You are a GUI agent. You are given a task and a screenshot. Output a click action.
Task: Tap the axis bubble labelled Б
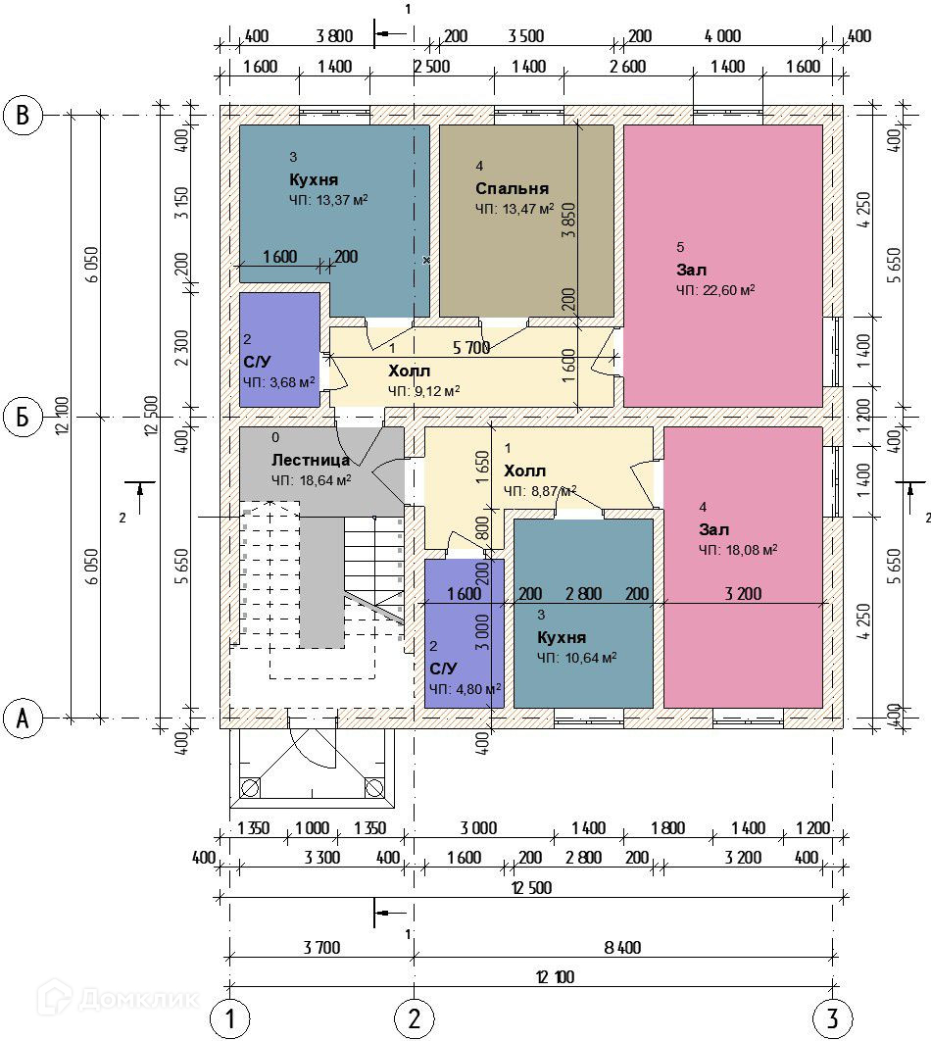tap(23, 419)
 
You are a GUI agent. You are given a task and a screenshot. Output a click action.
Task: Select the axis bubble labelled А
tap(23, 719)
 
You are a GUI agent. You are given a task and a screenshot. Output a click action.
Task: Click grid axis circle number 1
tap(229, 1019)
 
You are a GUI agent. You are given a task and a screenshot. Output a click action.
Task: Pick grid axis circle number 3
tap(832, 1019)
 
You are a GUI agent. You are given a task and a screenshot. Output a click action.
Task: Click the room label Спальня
tap(512, 188)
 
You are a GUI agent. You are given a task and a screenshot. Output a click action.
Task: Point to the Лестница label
tap(311, 460)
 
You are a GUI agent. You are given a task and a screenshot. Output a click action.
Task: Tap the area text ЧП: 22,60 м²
tap(715, 290)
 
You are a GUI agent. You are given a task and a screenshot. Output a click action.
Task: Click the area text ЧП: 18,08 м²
tap(738, 550)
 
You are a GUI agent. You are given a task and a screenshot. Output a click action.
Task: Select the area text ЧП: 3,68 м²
tap(279, 382)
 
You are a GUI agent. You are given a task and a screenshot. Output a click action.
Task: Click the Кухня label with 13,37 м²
tap(314, 180)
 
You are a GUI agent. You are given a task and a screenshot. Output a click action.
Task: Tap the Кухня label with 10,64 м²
tap(562, 636)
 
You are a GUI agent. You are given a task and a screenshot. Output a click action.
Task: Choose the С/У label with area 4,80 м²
tap(444, 669)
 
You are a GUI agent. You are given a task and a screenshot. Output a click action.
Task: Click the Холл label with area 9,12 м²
tap(409, 371)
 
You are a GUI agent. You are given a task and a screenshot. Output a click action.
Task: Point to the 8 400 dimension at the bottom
tap(624, 947)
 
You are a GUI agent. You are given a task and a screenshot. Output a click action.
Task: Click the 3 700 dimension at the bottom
tap(321, 947)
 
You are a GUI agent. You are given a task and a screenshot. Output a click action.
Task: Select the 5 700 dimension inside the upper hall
tap(470, 348)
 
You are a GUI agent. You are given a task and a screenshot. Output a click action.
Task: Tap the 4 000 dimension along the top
tap(722, 37)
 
